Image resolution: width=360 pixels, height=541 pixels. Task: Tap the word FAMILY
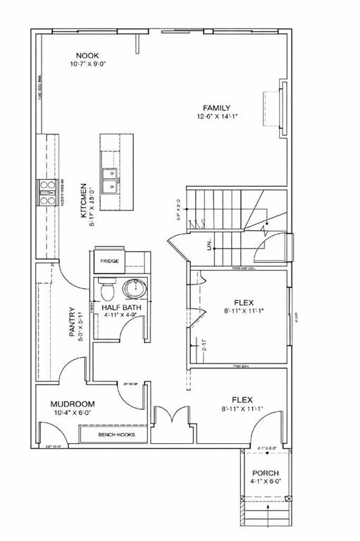[x=217, y=108]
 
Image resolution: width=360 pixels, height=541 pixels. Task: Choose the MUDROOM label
[x=73, y=404]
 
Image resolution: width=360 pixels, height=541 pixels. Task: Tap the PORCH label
[x=265, y=473]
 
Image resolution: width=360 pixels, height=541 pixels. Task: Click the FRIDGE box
[x=109, y=261]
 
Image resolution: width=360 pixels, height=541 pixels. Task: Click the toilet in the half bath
[x=107, y=289]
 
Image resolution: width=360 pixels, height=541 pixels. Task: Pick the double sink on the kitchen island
[x=109, y=180]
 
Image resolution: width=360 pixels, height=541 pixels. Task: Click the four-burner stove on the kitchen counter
[x=47, y=192]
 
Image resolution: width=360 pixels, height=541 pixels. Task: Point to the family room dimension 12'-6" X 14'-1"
[x=217, y=116]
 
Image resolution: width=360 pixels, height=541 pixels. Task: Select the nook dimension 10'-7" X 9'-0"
[x=88, y=64]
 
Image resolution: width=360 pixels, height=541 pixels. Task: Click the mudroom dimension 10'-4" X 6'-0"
[x=73, y=413]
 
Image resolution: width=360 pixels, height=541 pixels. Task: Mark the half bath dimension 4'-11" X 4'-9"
[x=121, y=315]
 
